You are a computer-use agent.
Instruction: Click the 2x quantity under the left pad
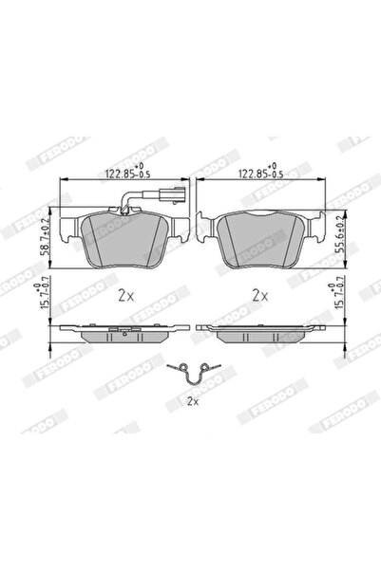click(125, 295)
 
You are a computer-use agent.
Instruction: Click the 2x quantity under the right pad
click(261, 295)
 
